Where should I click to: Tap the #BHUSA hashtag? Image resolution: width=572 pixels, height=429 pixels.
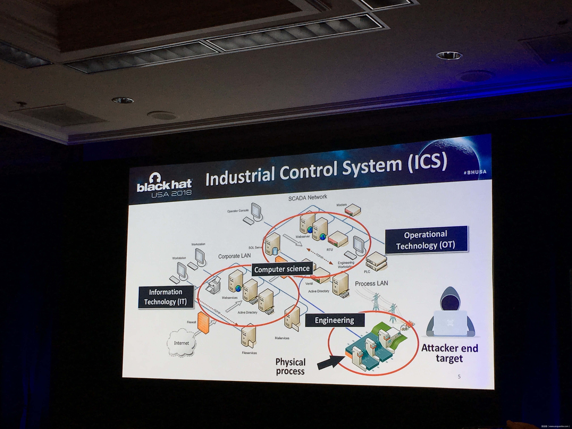(x=475, y=172)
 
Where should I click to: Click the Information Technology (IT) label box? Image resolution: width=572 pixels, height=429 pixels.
(x=166, y=297)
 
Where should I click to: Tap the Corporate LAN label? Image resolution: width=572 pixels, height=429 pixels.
(x=234, y=256)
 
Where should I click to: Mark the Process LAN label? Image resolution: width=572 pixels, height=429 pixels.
(x=371, y=283)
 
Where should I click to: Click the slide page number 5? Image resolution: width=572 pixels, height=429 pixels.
(x=459, y=377)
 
